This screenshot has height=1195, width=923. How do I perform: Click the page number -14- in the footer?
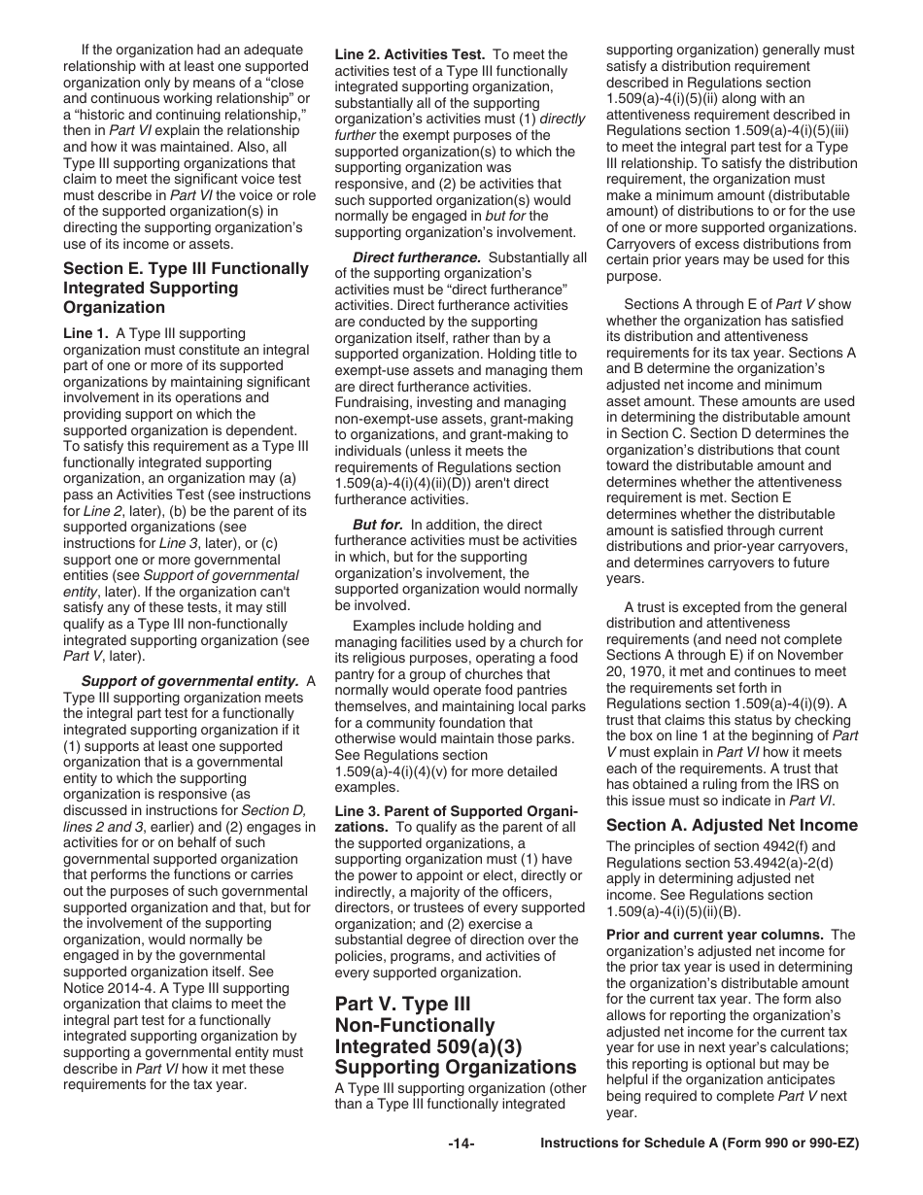click(461, 1144)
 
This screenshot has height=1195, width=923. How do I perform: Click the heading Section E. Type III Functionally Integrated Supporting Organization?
click(186, 288)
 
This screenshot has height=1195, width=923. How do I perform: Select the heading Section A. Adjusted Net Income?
click(732, 825)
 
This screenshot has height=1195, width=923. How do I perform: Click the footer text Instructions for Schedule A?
click(700, 1144)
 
